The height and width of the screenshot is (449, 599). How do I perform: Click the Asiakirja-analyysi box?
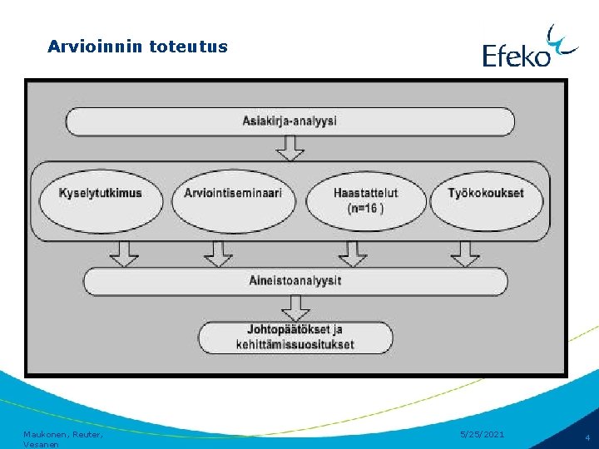[290, 121]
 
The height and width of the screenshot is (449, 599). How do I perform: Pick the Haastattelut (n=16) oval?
[366, 200]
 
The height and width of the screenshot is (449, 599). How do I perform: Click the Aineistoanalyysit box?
[295, 281]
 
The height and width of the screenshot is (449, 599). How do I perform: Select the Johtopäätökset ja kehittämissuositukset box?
[295, 337]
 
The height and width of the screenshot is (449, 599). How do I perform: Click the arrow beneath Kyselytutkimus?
[125, 254]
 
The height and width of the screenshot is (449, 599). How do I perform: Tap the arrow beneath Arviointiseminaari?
[219, 254]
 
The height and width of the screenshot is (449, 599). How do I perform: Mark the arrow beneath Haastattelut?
[353, 254]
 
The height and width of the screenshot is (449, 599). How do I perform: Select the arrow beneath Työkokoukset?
[465, 254]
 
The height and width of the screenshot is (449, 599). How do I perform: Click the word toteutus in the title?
[188, 47]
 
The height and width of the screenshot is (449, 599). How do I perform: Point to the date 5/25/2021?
[482, 434]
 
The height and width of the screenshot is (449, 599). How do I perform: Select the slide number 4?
[587, 437]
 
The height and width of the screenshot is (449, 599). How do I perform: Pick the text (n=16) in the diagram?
[366, 208]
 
